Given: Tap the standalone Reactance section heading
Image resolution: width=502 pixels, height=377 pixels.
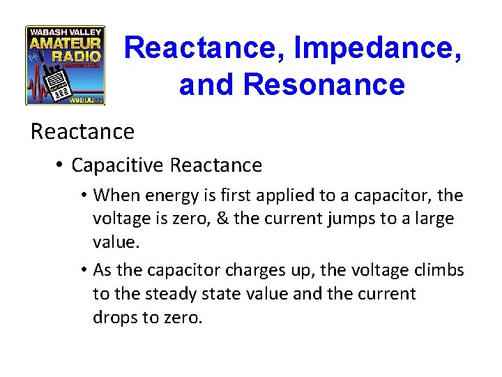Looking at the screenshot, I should click(x=82, y=131).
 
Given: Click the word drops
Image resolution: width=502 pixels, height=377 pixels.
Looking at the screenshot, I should click(x=115, y=318).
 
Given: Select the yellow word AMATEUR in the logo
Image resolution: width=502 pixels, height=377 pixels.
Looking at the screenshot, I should click(x=65, y=43).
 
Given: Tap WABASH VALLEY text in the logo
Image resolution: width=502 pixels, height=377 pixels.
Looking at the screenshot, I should click(x=65, y=31).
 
